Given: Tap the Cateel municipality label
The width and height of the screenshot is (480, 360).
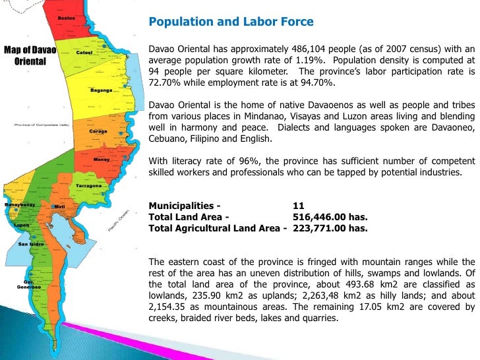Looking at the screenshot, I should [x=85, y=52].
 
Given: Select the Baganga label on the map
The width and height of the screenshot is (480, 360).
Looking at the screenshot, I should [x=102, y=90].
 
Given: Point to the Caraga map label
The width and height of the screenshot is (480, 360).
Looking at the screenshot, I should [x=98, y=131].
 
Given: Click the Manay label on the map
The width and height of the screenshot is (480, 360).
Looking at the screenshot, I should [x=102, y=160].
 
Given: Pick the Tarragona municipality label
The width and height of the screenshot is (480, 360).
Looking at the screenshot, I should [x=88, y=186].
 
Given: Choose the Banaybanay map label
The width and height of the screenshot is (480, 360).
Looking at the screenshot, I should [x=20, y=205].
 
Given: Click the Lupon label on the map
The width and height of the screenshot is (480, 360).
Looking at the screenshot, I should [x=22, y=225].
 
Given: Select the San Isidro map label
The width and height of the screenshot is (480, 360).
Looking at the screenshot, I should [x=30, y=245].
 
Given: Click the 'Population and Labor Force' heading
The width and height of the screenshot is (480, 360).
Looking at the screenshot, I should [x=231, y=22].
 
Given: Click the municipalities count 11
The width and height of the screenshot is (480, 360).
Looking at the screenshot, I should [x=298, y=206].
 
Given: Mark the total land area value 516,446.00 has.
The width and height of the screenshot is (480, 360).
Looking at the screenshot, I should [x=330, y=217].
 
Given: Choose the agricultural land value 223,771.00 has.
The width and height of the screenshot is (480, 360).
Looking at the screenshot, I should [x=330, y=228].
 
